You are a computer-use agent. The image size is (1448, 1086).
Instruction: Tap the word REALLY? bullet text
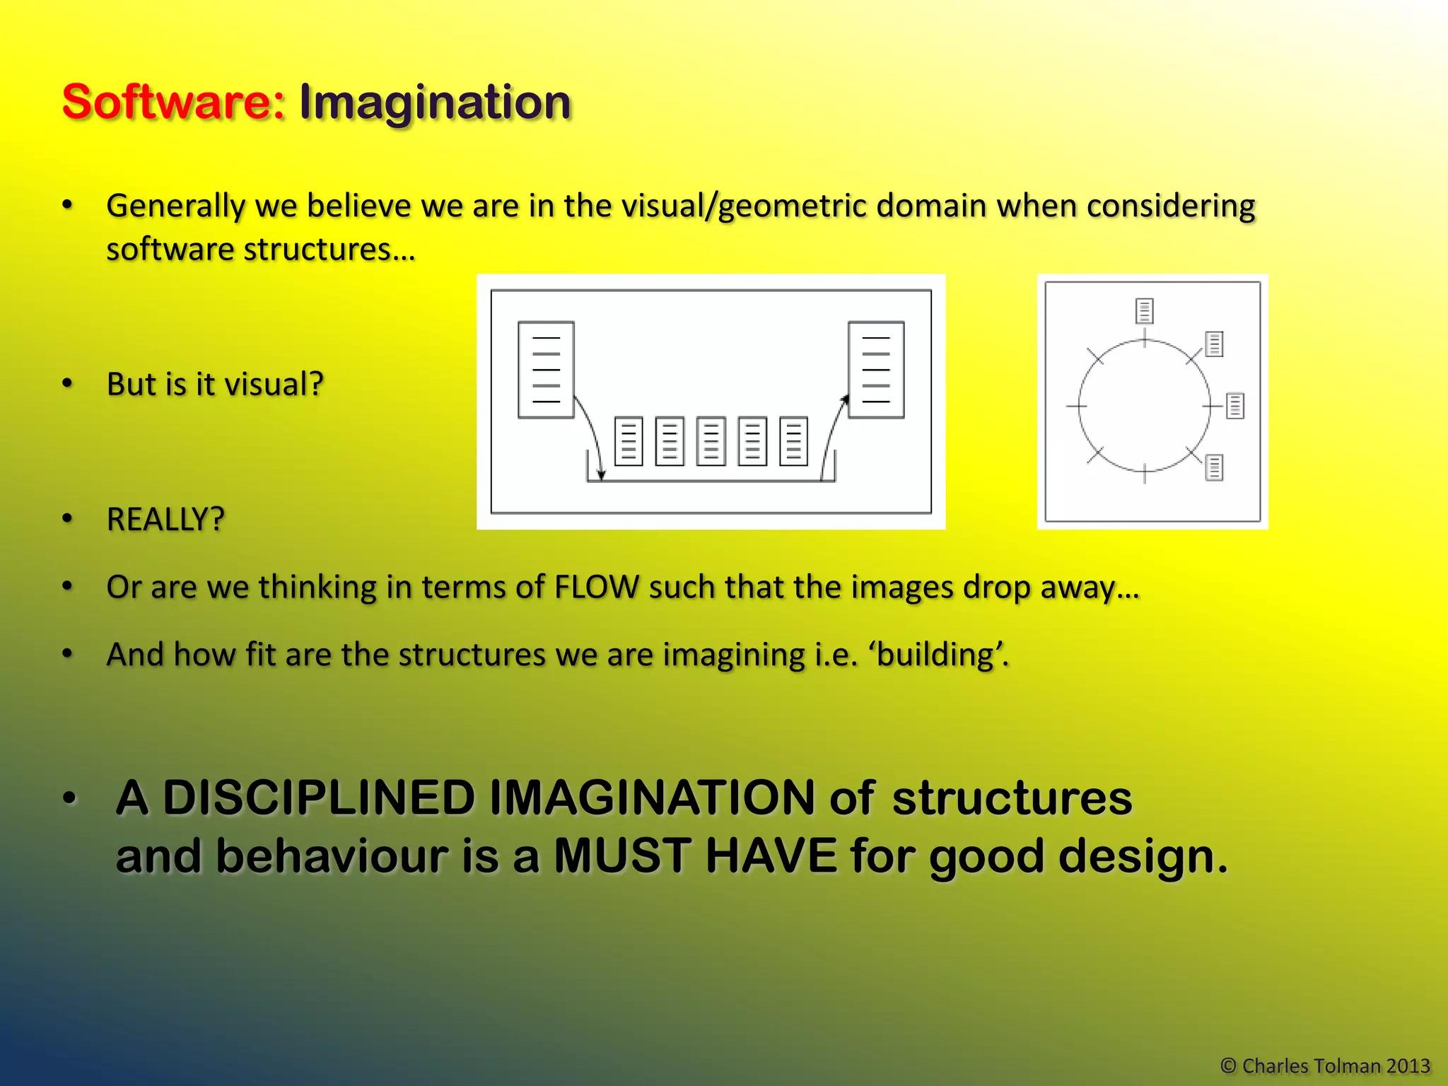(x=165, y=520)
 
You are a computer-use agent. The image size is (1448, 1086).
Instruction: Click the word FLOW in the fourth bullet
(x=597, y=588)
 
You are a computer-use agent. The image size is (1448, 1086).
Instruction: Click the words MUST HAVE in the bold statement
(x=695, y=856)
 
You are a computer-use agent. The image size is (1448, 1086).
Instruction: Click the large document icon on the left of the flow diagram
(x=546, y=370)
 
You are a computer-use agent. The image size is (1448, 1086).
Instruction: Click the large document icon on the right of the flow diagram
(x=876, y=370)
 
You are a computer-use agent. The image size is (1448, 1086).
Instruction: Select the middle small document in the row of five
(x=711, y=442)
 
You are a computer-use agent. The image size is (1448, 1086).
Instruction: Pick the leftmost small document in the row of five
(x=629, y=442)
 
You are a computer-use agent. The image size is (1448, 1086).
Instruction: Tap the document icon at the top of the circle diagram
(x=1144, y=310)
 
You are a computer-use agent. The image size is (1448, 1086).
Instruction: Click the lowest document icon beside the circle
(x=1214, y=467)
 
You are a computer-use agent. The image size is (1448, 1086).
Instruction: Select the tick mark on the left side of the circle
(x=1076, y=406)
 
